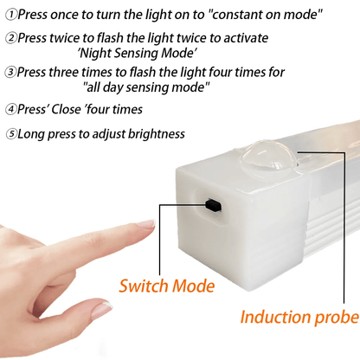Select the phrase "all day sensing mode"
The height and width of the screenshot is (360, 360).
point(146,87)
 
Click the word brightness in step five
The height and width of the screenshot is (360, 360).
point(153,134)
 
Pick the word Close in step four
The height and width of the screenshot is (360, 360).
point(73,110)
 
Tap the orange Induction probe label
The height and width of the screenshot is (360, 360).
point(299,318)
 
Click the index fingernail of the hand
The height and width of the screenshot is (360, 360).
point(145,225)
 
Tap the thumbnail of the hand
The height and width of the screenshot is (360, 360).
point(102,308)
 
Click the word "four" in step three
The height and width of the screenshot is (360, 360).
point(204,73)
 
